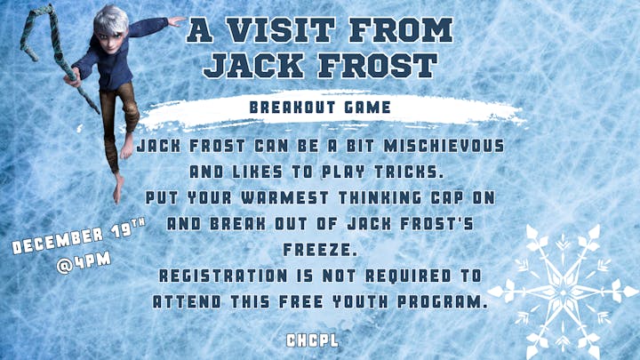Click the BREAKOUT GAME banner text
319,107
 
